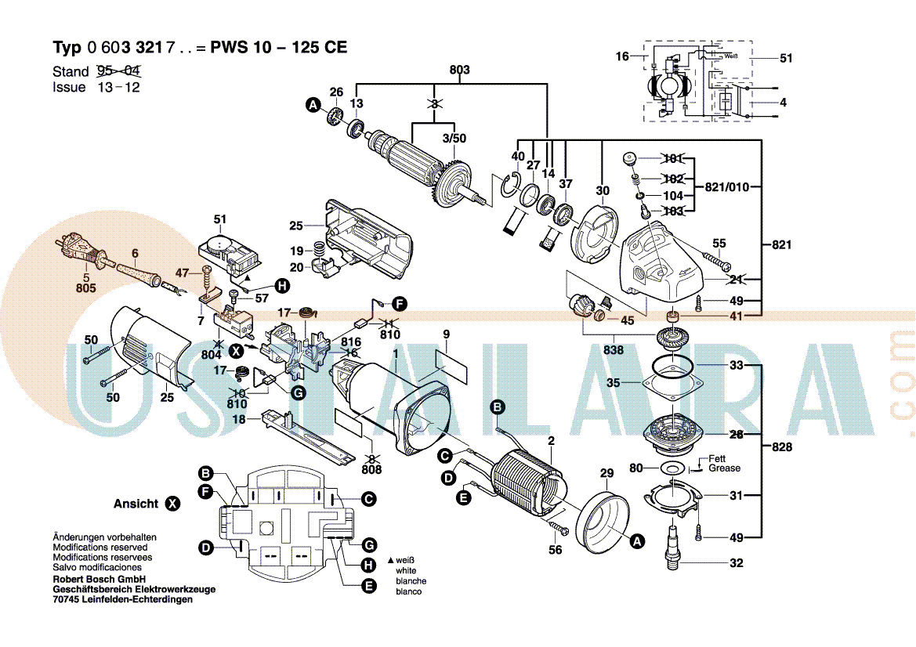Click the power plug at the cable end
(x=77, y=248)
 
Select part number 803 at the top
(x=459, y=70)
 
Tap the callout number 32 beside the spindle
(x=736, y=562)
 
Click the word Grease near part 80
(x=724, y=468)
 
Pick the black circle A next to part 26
(x=313, y=105)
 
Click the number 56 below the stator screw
(x=555, y=550)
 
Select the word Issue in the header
(x=69, y=88)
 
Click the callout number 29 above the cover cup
(x=606, y=472)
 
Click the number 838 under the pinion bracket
(x=614, y=350)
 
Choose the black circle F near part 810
(x=399, y=302)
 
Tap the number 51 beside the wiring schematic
(x=786, y=57)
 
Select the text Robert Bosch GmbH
(x=96, y=580)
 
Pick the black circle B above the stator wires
(x=497, y=407)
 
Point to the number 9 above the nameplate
(x=446, y=335)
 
